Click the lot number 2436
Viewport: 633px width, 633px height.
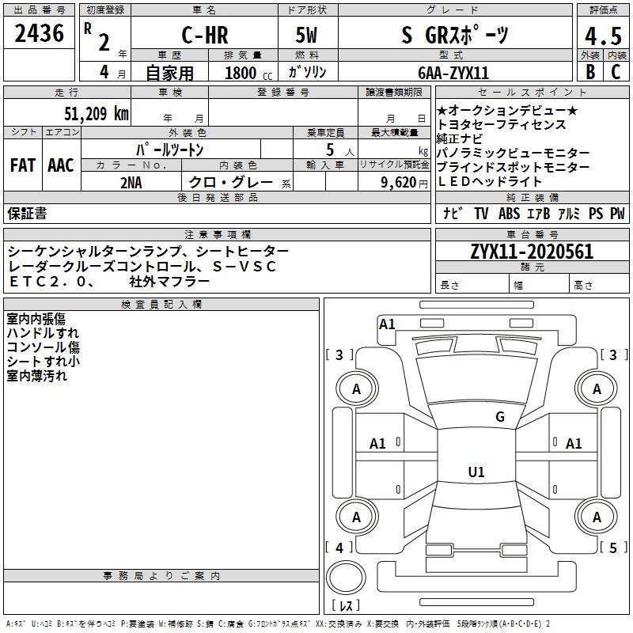tap(39, 34)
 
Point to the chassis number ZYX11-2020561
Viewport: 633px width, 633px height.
tap(532, 252)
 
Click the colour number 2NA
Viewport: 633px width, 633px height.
tap(131, 181)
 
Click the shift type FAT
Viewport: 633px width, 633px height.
tap(22, 165)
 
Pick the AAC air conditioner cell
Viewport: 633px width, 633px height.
tap(60, 165)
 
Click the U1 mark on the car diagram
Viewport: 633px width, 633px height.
tap(476, 472)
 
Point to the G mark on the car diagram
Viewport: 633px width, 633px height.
tap(499, 417)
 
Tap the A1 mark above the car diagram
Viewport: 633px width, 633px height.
tap(387, 324)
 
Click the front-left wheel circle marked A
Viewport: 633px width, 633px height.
tap(356, 389)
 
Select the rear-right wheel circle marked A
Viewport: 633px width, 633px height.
tap(597, 517)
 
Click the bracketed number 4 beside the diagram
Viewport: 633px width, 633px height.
tap(339, 548)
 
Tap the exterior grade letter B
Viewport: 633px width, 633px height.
tap(589, 72)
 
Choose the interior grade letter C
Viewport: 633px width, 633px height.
tap(616, 72)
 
